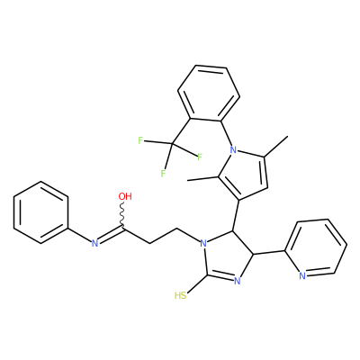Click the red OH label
point(125,196)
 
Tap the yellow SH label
point(180,296)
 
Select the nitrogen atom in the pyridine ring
point(302,276)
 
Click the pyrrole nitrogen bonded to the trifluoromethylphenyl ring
point(233,149)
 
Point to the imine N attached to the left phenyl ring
point(94,243)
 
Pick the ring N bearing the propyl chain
point(203,243)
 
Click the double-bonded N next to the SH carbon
point(237,281)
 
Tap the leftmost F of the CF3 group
point(139,140)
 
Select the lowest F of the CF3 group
point(163,174)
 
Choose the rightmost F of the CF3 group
point(200,157)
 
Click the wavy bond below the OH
point(122,213)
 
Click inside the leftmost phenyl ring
point(40,212)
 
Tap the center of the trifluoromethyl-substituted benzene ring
point(209,94)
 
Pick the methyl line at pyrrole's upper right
point(275,147)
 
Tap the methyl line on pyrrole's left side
point(202,178)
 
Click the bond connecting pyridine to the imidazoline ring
point(269,252)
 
